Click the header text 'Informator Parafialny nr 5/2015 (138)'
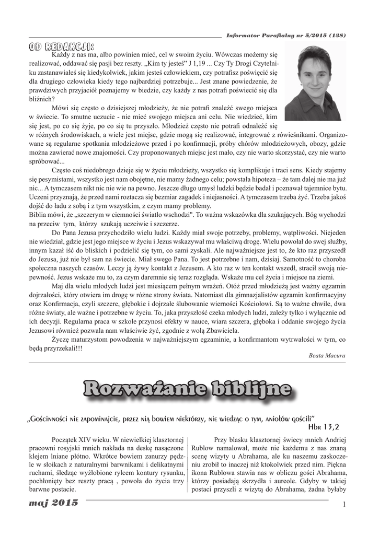(x=286, y=36)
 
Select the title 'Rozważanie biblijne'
(x=187, y=389)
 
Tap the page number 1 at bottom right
(x=345, y=504)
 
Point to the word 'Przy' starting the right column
(x=222, y=439)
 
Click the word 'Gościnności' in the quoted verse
(x=54, y=418)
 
